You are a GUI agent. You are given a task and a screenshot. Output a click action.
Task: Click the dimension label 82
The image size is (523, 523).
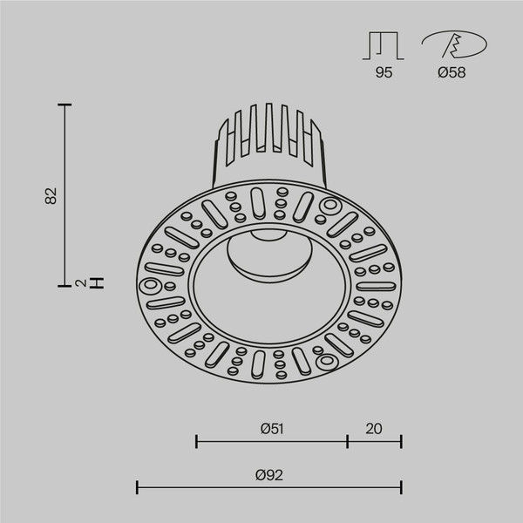(51, 195)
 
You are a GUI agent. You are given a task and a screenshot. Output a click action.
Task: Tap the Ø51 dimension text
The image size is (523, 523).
(273, 428)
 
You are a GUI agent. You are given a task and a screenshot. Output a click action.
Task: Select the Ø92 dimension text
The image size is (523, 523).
(269, 474)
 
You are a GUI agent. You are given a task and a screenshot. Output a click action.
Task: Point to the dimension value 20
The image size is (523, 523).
(374, 428)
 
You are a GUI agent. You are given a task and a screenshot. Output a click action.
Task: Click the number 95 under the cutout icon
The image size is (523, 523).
(384, 73)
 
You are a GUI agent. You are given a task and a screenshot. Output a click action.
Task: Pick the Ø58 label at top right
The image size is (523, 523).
(452, 73)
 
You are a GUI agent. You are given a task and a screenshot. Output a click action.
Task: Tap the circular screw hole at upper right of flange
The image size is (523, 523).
(329, 207)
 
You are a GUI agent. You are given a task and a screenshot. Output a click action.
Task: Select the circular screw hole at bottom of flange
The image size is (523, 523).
(326, 360)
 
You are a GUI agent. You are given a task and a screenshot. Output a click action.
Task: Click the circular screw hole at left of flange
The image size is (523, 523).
(145, 284)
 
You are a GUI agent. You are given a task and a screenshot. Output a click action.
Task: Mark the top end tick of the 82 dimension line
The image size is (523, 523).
(64, 105)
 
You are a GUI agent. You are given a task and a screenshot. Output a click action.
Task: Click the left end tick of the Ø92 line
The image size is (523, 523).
(137, 486)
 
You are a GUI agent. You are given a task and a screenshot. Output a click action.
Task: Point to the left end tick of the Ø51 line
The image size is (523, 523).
(196, 441)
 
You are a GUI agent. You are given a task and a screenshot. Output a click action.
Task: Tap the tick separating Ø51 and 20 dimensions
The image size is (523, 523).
(347, 441)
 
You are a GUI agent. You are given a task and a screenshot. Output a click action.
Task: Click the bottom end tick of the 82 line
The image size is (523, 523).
(64, 284)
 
